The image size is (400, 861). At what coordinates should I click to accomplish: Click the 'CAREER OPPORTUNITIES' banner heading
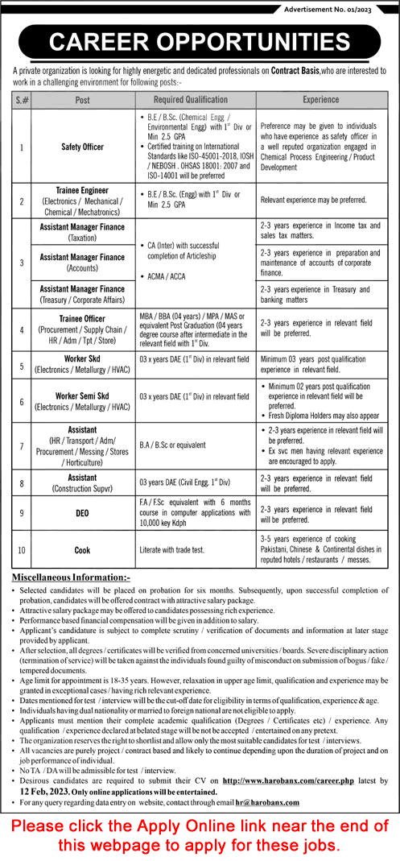[200, 42]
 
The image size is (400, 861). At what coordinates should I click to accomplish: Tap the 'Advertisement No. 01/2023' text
[334, 9]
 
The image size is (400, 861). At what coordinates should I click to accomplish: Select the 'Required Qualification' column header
[191, 100]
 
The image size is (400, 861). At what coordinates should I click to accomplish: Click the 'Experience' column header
[320, 100]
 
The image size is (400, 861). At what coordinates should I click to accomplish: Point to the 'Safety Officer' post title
[82, 147]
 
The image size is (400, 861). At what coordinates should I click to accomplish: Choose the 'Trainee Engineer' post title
[82, 191]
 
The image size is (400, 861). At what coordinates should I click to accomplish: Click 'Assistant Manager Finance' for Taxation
[82, 228]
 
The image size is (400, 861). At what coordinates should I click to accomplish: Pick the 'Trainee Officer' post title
[82, 319]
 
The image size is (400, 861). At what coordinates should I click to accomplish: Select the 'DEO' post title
[82, 511]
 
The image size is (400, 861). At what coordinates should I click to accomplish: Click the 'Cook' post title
[82, 550]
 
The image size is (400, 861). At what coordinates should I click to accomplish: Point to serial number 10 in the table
[22, 550]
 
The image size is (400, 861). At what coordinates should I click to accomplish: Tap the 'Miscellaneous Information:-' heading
[71, 577]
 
